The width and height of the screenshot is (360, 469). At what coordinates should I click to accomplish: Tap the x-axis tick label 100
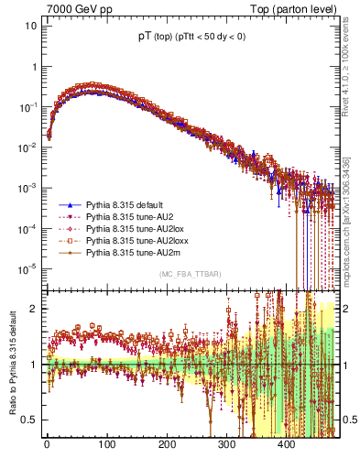click(x=106, y=446)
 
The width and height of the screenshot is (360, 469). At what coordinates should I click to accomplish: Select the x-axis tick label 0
click(x=47, y=446)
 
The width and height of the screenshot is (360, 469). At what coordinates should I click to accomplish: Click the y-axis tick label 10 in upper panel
click(x=31, y=26)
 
